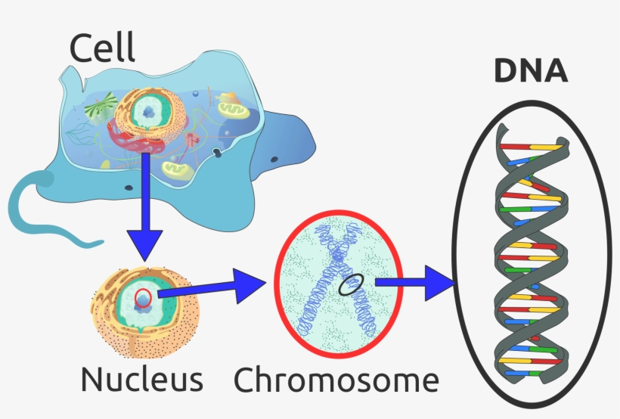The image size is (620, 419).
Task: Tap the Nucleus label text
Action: tap(142, 379)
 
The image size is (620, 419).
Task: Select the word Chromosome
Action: tap(336, 379)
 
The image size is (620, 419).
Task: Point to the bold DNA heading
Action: tap(530, 71)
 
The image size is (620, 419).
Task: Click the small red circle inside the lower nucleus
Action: tap(144, 300)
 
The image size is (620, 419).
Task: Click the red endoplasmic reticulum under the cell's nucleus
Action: tap(132, 136)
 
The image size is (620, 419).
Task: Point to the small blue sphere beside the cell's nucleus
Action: tap(195, 95)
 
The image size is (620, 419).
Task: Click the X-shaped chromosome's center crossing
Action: tap(334, 281)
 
